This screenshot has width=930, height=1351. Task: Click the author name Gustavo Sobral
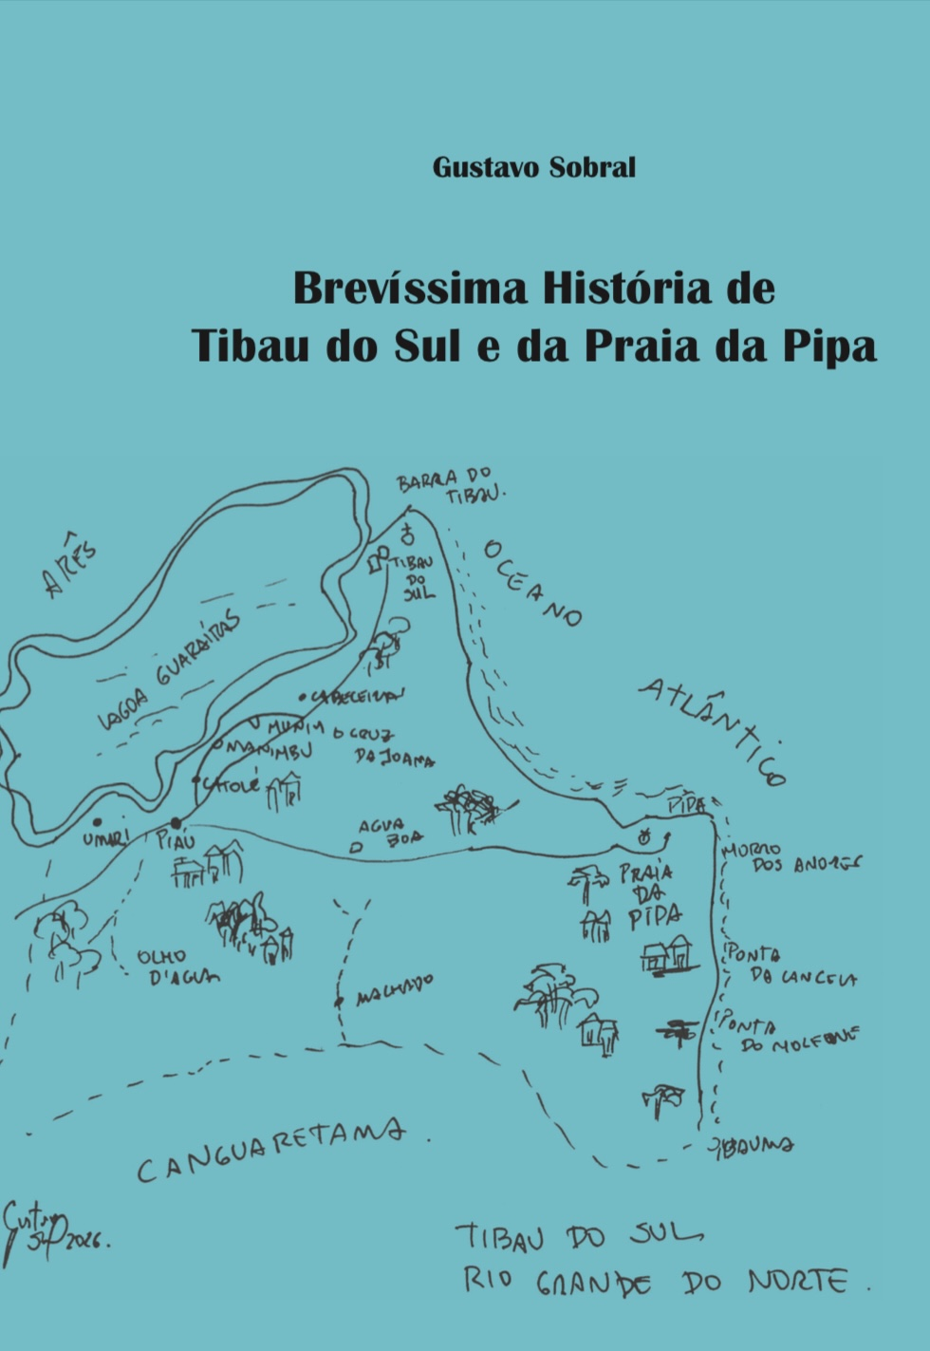click(x=533, y=167)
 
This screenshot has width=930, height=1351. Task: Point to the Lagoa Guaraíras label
click(x=171, y=670)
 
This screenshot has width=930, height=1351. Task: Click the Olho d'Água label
click(x=177, y=966)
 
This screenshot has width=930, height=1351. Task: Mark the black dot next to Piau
click(x=175, y=822)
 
